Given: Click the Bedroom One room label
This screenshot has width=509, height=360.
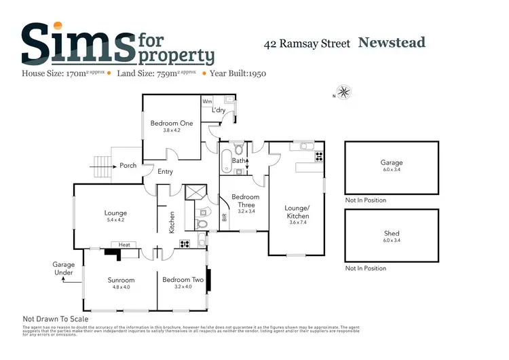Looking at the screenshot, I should (x=172, y=123).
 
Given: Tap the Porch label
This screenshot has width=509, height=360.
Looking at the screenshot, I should (x=128, y=165).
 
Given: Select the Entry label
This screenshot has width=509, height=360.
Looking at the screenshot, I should (x=165, y=172).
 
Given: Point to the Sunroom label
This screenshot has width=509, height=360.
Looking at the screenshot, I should (x=121, y=280).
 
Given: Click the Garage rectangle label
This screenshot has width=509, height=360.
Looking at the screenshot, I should (x=392, y=163).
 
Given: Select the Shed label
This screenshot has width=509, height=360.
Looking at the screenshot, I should (x=392, y=233).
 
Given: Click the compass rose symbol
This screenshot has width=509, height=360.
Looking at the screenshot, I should (x=344, y=92).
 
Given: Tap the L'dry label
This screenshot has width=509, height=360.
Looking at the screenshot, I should (x=219, y=110).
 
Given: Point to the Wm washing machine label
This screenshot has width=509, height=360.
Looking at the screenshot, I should (x=207, y=101).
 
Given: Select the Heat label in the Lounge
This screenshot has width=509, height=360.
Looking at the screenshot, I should (x=124, y=245).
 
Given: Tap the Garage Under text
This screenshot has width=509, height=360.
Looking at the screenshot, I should (x=63, y=268).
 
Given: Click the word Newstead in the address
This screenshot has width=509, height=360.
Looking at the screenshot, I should (x=392, y=43).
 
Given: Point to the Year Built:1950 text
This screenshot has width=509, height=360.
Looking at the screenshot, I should (x=238, y=72).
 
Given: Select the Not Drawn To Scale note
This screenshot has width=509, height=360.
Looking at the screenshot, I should (x=56, y=319).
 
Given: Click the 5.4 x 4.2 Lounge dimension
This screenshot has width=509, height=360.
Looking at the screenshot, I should (x=116, y=220).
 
